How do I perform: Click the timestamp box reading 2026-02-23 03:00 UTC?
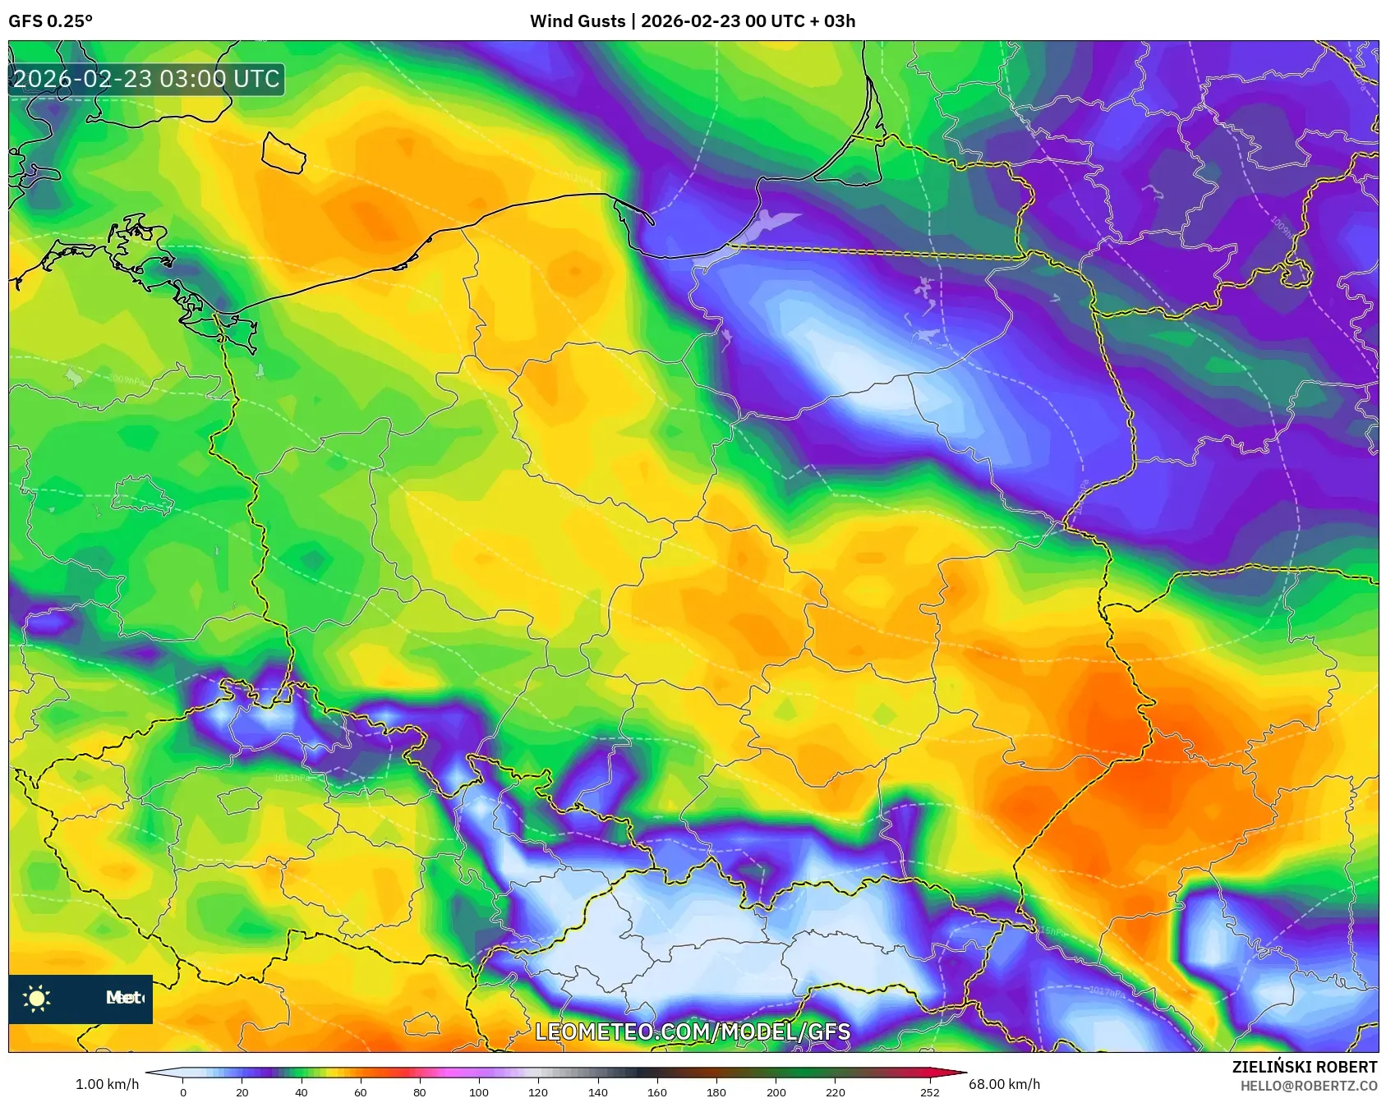click(x=146, y=79)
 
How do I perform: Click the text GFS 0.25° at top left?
click(x=50, y=21)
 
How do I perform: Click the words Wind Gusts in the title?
click(x=577, y=21)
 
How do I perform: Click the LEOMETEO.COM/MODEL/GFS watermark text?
click(x=693, y=1031)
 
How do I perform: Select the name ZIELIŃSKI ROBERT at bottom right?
click(x=1304, y=1067)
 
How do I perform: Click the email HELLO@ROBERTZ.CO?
click(x=1308, y=1086)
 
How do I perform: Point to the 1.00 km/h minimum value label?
click(x=107, y=1084)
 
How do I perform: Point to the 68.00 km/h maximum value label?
click(x=1004, y=1084)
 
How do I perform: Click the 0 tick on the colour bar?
click(x=183, y=1092)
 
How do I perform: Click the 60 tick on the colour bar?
click(x=361, y=1092)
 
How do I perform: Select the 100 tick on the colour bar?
click(x=479, y=1092)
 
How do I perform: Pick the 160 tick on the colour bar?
click(x=657, y=1092)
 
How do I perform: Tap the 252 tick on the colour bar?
click(x=929, y=1092)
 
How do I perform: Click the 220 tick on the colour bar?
click(x=835, y=1092)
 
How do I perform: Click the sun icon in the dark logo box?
click(x=37, y=998)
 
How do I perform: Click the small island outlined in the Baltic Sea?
click(x=283, y=154)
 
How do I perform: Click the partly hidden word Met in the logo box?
click(x=124, y=998)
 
